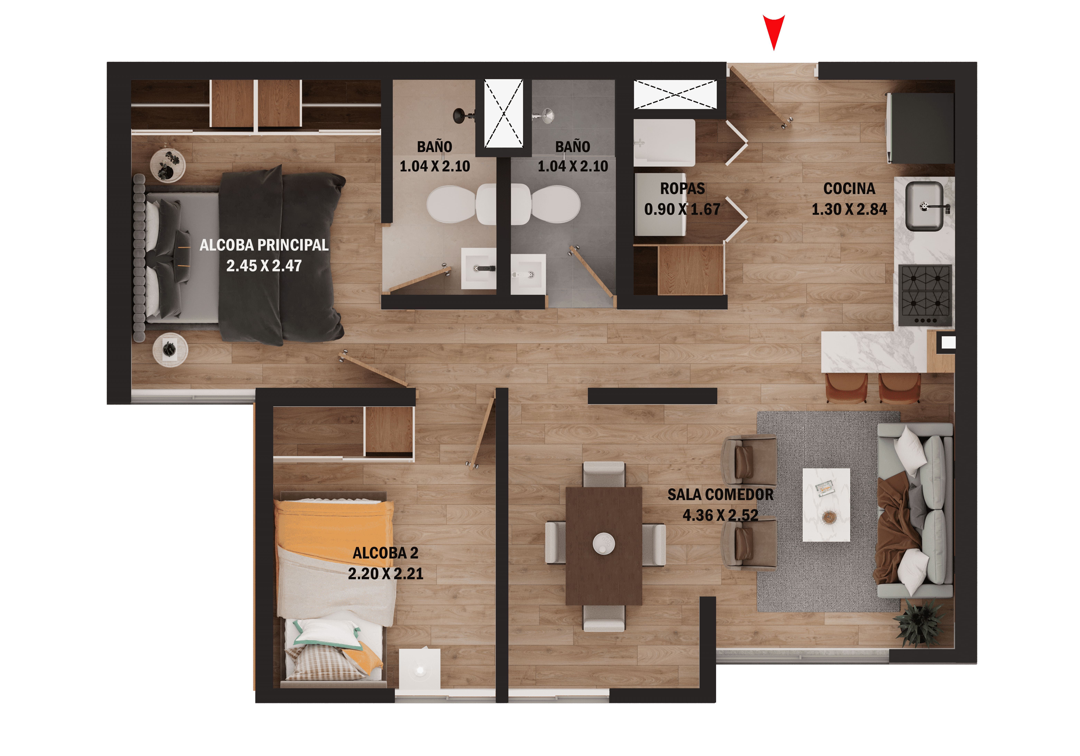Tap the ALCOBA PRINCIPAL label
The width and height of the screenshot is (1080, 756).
(264, 245)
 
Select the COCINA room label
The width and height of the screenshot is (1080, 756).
(849, 189)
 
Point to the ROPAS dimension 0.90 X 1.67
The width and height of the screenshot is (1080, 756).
(682, 209)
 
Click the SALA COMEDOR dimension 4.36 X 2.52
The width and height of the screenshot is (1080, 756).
(720, 515)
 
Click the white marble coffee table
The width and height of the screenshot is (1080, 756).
(826, 504)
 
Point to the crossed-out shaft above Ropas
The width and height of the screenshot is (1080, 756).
(675, 94)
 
